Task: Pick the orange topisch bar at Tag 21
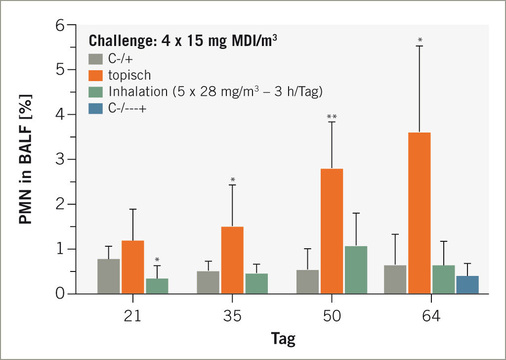coord(133,267)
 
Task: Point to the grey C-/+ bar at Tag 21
coord(109,276)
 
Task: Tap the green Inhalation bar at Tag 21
coord(156,285)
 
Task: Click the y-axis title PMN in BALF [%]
coord(27,160)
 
